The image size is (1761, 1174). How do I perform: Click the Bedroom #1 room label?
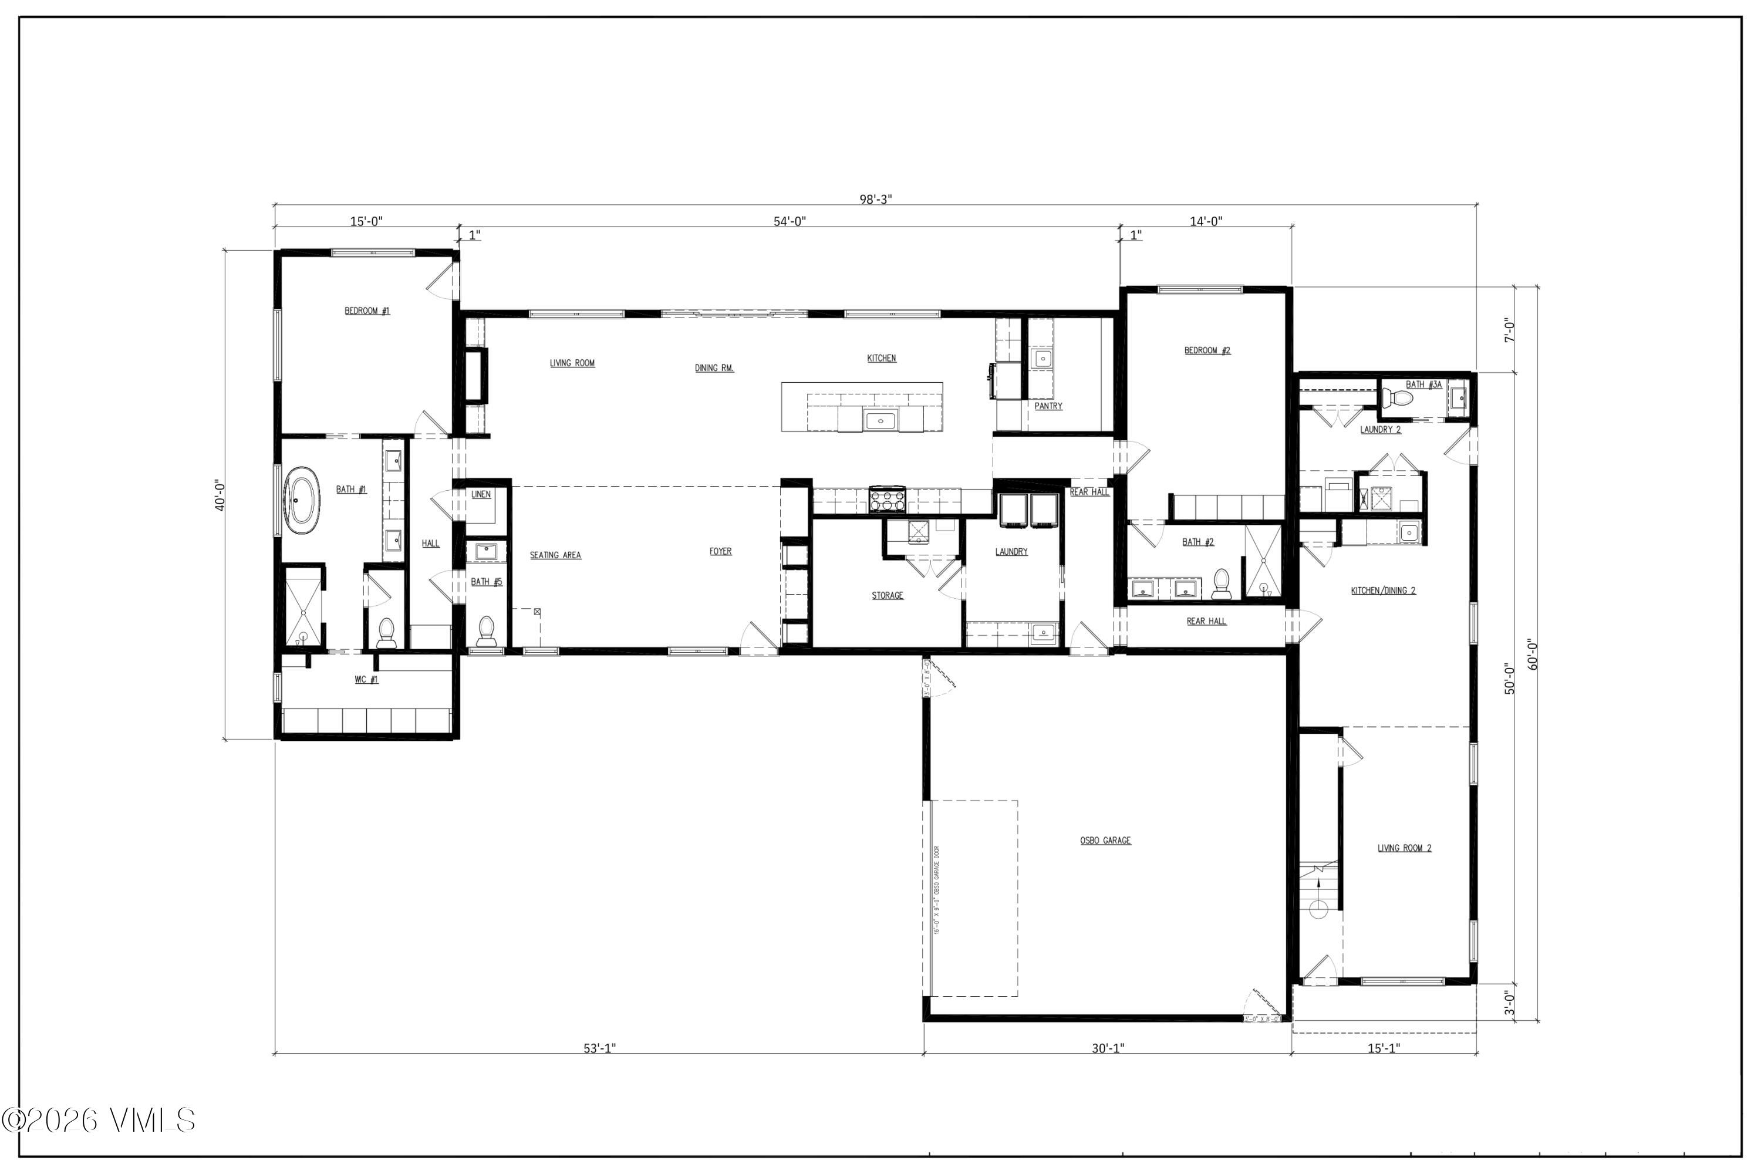(367, 311)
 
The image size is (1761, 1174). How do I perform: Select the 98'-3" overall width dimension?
(875, 199)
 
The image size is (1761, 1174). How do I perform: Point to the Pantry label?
(1048, 406)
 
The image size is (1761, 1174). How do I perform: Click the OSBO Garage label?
(1105, 841)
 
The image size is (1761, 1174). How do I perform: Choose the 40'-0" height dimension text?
(220, 495)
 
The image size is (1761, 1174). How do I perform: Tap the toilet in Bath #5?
(486, 630)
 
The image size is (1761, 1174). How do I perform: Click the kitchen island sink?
(880, 421)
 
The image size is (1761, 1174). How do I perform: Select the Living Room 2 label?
(1405, 848)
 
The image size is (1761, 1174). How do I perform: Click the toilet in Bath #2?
(1221, 583)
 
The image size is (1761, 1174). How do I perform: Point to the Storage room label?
(887, 596)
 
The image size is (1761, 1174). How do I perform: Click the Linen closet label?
(481, 495)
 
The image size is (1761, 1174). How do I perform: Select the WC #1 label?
(366, 680)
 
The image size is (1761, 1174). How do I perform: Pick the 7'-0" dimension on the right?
(1509, 330)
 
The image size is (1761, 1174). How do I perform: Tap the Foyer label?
(720, 552)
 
